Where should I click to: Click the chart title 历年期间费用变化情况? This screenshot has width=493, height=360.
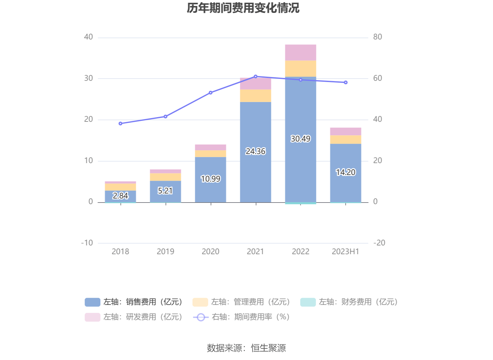pos(243,8)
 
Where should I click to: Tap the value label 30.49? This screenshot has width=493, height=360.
pos(300,139)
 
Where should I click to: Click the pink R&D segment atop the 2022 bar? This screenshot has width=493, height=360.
pos(300,53)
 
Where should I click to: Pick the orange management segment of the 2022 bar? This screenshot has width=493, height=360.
pos(300,69)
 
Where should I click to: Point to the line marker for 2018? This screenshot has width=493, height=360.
pos(121,124)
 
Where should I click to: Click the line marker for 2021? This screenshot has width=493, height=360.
pos(256,76)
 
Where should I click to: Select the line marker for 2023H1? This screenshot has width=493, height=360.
pos(345,83)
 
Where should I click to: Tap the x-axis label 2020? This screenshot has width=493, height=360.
pos(210,251)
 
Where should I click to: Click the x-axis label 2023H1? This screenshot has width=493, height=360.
pos(345,251)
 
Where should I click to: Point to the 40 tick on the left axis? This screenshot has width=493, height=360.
pos(88,37)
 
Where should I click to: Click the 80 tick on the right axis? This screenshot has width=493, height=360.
pos(377,37)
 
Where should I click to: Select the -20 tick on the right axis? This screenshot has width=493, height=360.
pos(379,243)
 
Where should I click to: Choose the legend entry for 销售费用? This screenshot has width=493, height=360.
pos(133,302)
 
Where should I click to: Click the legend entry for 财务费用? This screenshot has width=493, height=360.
pos(349,302)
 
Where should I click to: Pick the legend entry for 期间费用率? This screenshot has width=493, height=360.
pos(241,317)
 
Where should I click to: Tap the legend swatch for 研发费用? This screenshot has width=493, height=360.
pos(92,317)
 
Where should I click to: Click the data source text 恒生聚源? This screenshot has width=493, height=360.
pos(268,348)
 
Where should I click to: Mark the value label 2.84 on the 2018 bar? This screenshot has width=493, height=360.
pos(121,196)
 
